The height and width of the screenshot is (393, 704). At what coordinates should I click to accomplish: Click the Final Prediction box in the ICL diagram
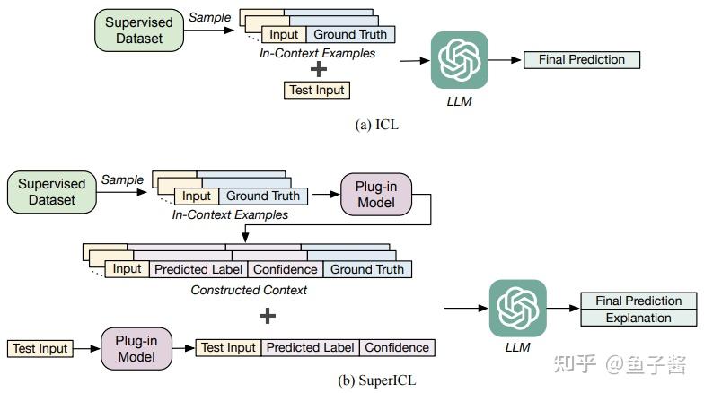coord(582,60)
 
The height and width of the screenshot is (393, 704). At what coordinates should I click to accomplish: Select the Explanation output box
coord(638,318)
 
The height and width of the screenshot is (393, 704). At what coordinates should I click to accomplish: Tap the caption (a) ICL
coord(377,125)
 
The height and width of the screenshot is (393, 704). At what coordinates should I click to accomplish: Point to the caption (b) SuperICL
coord(377,380)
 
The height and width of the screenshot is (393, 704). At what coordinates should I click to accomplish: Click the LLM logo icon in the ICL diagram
coord(459,60)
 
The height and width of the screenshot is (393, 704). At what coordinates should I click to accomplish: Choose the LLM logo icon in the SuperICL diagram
coord(517,309)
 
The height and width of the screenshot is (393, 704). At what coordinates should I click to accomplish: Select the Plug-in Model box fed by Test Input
coord(137,348)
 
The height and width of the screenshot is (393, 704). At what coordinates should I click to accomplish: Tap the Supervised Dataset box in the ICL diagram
coord(139,31)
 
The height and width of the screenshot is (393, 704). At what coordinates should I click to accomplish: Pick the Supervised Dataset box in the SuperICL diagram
coord(51,192)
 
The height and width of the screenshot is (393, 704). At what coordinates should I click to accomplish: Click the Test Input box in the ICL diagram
coord(316,90)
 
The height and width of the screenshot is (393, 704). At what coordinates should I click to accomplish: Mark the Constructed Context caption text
coord(249,290)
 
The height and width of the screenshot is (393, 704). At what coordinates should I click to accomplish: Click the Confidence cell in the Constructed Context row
coord(285,269)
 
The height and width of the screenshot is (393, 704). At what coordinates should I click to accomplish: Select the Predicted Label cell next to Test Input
coord(310,347)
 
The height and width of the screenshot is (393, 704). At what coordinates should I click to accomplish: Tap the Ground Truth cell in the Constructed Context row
coord(367,269)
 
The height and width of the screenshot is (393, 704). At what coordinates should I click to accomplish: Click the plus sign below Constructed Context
coord(267,316)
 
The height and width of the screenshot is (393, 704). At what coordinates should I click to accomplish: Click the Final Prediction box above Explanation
coord(638,301)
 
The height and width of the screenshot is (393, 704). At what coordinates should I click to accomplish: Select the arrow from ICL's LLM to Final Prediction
coord(506,60)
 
